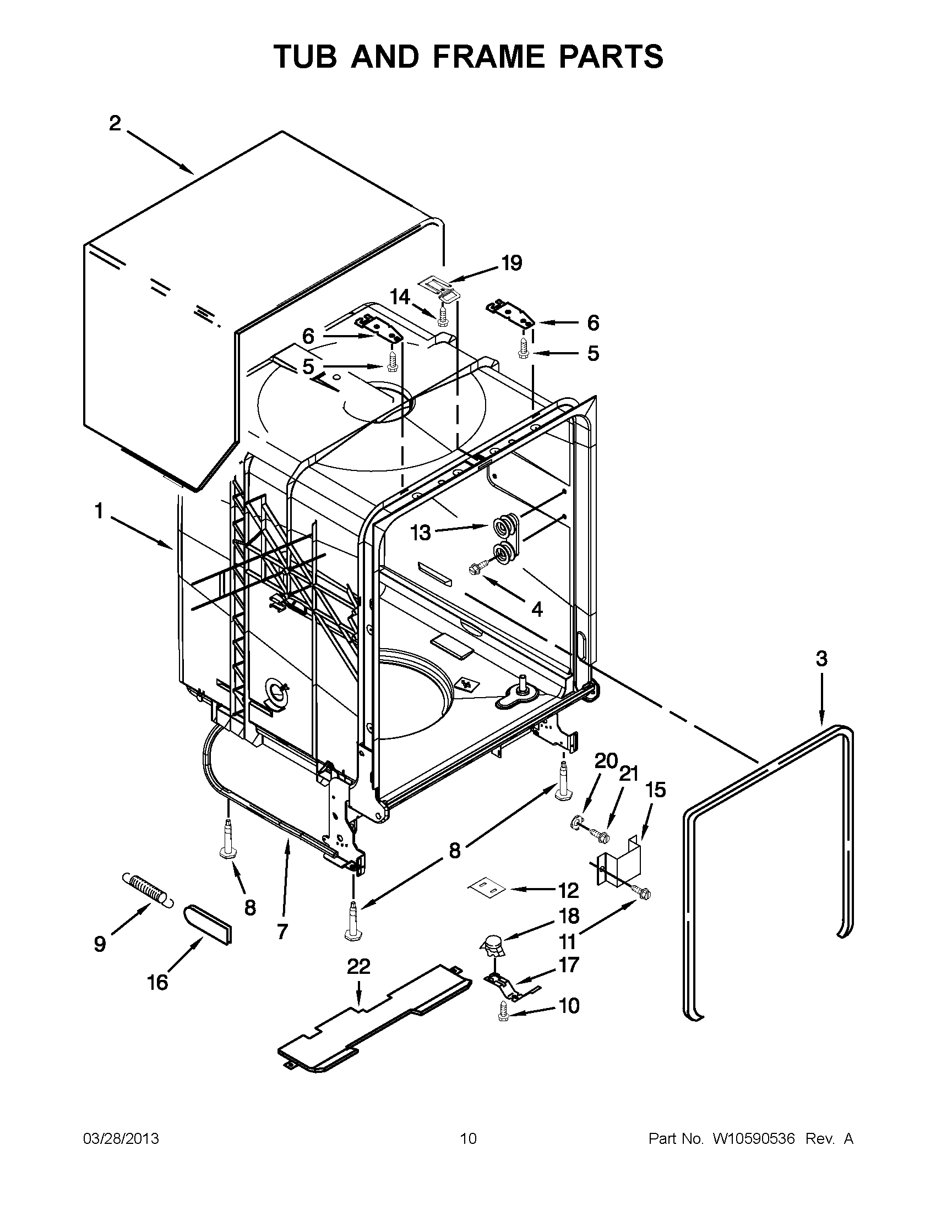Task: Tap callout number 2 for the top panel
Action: [115, 124]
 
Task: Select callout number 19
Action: [511, 263]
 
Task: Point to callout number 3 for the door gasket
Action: [821, 659]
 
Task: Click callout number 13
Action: [421, 533]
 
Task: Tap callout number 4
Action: [536, 609]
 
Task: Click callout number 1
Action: [99, 511]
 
